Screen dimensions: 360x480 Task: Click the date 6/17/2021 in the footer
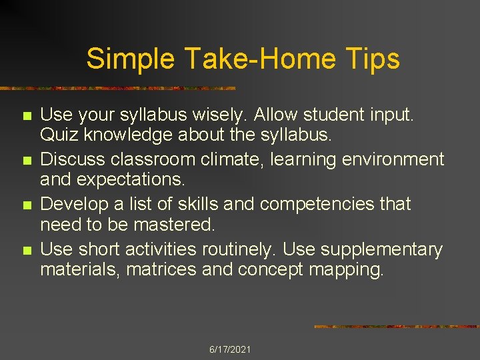[x=230, y=349]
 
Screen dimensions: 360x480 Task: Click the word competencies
[x=317, y=204]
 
